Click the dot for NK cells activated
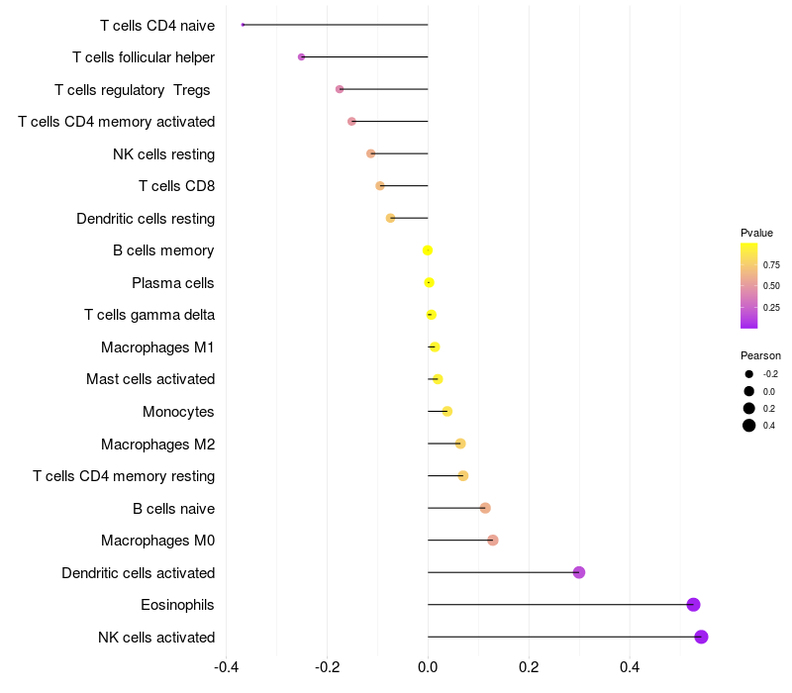[701, 637]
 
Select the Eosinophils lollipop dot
[693, 605]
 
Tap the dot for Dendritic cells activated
[579, 572]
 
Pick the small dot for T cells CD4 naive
[243, 25]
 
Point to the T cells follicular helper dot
[301, 57]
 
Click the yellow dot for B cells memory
[428, 250]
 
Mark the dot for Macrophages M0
[493, 541]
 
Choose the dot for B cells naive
[485, 508]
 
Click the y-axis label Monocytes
[178, 412]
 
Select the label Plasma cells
[173, 283]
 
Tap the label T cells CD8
[176, 186]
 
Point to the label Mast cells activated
[150, 379]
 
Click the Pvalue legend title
[756, 233]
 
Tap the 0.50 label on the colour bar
[771, 286]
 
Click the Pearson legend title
[760, 355]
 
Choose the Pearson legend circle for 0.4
[749, 426]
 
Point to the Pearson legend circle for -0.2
[749, 374]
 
